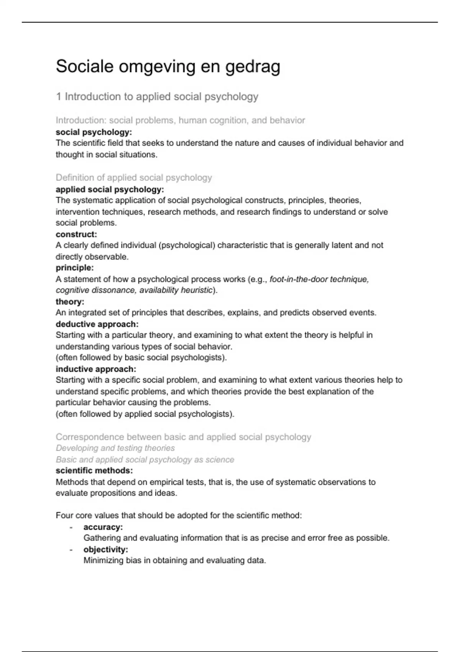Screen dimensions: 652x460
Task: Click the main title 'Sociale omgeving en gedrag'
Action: click(168, 67)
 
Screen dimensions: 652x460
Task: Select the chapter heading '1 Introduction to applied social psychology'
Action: click(157, 97)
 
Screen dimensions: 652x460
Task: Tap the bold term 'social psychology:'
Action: click(94, 132)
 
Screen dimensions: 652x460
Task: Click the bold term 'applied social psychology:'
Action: click(110, 189)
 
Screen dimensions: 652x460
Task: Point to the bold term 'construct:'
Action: click(76, 234)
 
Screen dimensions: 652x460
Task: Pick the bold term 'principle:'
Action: click(75, 268)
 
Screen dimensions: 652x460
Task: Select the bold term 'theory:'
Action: click(70, 302)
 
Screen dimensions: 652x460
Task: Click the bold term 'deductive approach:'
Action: click(97, 324)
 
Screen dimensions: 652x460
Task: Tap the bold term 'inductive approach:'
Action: click(96, 369)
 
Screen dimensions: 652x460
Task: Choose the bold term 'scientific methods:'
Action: click(94, 471)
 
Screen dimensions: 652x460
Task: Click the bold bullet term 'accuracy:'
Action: click(103, 527)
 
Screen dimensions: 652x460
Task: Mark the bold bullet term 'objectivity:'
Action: click(106, 549)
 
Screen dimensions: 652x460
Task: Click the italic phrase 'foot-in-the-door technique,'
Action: click(319, 279)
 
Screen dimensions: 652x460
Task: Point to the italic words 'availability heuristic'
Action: click(176, 290)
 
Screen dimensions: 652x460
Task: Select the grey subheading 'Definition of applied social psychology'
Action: click(134, 178)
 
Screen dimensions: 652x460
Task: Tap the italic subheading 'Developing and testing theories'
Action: click(115, 448)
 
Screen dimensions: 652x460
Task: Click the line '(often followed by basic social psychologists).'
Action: click(141, 357)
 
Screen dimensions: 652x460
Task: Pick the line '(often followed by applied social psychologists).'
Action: click(145, 414)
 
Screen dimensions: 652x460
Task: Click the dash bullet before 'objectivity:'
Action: click(71, 550)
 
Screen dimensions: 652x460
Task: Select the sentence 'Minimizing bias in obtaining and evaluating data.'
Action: click(174, 560)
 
